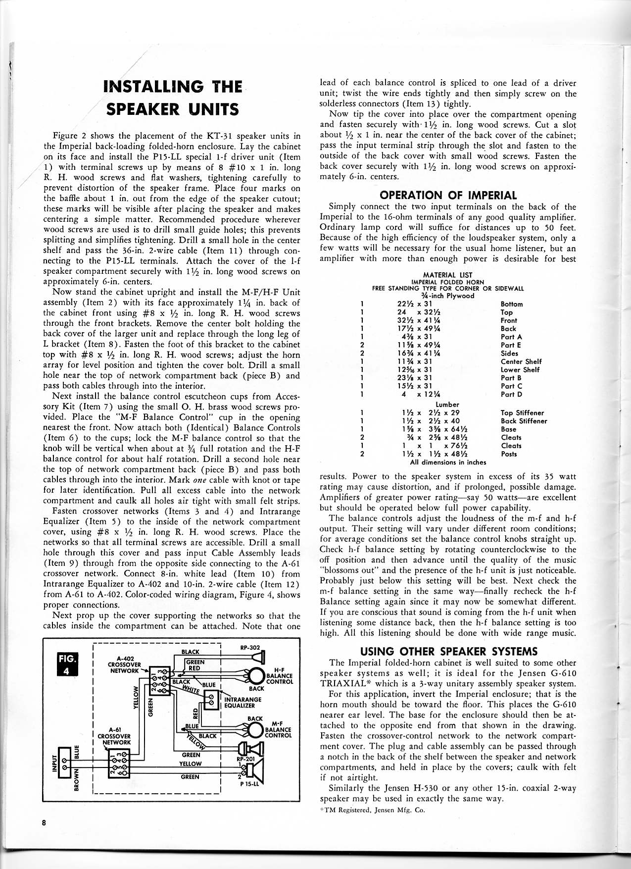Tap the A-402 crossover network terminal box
tap(160, 678)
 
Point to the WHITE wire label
tap(190, 689)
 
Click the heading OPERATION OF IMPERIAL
tap(448, 195)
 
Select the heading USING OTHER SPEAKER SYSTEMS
tap(448, 651)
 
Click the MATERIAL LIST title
tap(447, 275)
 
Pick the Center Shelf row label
tap(521, 361)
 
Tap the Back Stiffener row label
tap(524, 421)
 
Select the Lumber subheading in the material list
tap(447, 404)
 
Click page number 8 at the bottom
tap(44, 823)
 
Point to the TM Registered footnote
tap(372, 810)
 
